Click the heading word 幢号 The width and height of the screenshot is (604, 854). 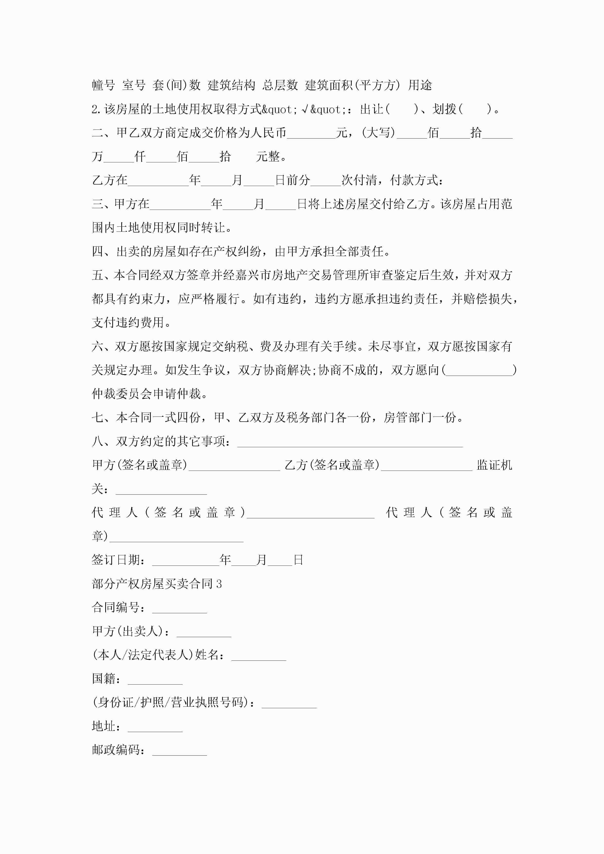pos(103,85)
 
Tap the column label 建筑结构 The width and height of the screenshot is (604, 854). pos(231,85)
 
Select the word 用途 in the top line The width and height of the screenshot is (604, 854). pos(420,85)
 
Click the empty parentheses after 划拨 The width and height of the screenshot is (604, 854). pos(475,109)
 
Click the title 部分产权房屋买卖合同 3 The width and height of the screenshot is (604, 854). pos(157,584)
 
